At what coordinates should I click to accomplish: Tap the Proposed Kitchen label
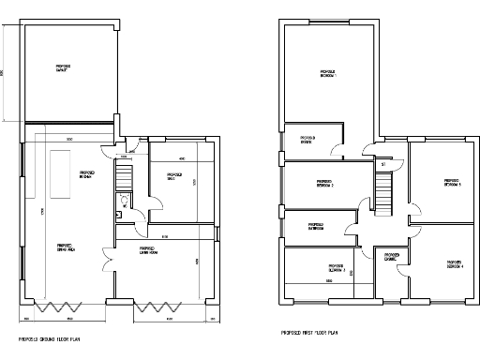(x=85, y=175)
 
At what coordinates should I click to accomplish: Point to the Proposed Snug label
(x=173, y=175)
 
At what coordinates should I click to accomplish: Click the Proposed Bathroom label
(x=316, y=226)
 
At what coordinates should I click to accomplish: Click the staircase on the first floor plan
(x=382, y=192)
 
